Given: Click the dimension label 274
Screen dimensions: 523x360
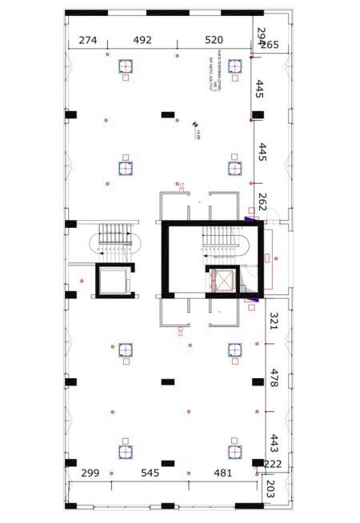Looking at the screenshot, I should pos(88,40).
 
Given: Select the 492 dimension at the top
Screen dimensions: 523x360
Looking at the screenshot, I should pos(142,40).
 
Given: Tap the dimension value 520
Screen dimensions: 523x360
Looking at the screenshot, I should pos(214,40).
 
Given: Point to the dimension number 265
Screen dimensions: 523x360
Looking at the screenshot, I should pos(269,45).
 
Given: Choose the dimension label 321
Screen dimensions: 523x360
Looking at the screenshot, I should pos(273,321).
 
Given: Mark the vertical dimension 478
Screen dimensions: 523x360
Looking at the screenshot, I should pos(273,378).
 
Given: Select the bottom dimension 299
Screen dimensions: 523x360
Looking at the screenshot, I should pos(90,473).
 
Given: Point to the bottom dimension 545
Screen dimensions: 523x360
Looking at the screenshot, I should pos(150,473).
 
